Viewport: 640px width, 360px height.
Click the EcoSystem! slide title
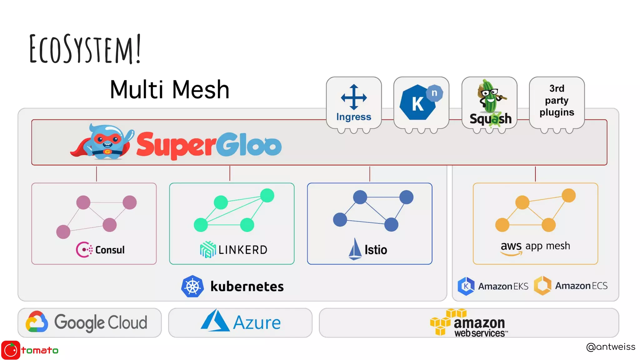pyautogui.click(x=85, y=49)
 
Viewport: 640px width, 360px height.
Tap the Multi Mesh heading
pyautogui.click(x=170, y=90)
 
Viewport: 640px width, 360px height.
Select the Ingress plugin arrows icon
pyautogui.click(x=354, y=97)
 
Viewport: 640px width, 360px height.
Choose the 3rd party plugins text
pyautogui.click(x=557, y=100)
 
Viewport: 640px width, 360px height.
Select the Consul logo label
pyautogui.click(x=101, y=250)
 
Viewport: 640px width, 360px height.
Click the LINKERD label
pyautogui.click(x=243, y=250)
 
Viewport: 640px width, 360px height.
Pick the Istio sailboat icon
pyautogui.click(x=355, y=249)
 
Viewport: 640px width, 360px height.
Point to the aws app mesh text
pyautogui.click(x=535, y=246)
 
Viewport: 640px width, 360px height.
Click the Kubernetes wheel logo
pyautogui.click(x=192, y=286)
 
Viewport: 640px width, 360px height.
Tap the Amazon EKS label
pyautogui.click(x=503, y=286)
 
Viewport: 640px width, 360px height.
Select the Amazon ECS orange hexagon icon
pyautogui.click(x=542, y=286)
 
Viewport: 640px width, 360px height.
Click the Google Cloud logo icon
pyautogui.click(x=37, y=322)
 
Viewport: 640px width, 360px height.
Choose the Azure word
pyautogui.click(x=257, y=323)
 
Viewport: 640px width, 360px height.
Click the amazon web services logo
pyautogui.click(x=469, y=323)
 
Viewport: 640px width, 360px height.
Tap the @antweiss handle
pyautogui.click(x=610, y=347)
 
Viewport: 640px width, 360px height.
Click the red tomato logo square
pyautogui.click(x=11, y=350)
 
